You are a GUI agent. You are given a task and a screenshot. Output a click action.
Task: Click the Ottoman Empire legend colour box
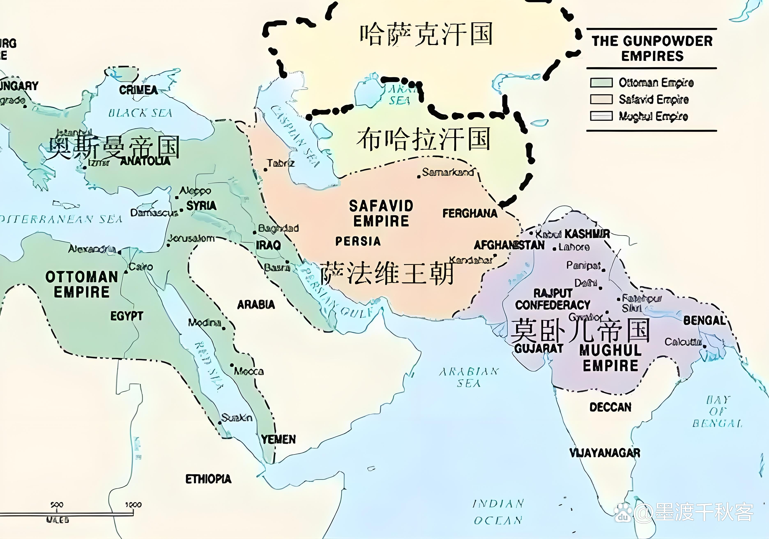[x=601, y=82]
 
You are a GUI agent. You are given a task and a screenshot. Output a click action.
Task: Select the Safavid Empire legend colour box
[x=601, y=99]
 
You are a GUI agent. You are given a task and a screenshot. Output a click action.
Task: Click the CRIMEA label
[x=138, y=90]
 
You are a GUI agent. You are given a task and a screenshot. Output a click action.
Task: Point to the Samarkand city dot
[x=419, y=176]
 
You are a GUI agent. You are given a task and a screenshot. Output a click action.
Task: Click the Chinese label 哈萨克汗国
[x=426, y=35]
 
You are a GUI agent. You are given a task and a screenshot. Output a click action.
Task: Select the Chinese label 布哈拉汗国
[x=423, y=139]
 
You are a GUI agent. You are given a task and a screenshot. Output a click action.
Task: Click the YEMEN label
[x=278, y=439]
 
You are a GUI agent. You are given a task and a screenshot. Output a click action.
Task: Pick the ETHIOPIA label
[x=208, y=479]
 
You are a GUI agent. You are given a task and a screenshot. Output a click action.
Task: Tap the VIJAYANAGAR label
[x=605, y=453]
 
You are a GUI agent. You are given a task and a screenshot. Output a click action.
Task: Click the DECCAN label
[x=610, y=407]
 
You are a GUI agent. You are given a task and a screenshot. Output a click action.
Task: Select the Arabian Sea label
[x=469, y=377]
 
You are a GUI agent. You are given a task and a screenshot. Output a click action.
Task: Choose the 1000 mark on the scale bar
[x=133, y=505]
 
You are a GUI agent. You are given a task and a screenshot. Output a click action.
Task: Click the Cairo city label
[x=141, y=267]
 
